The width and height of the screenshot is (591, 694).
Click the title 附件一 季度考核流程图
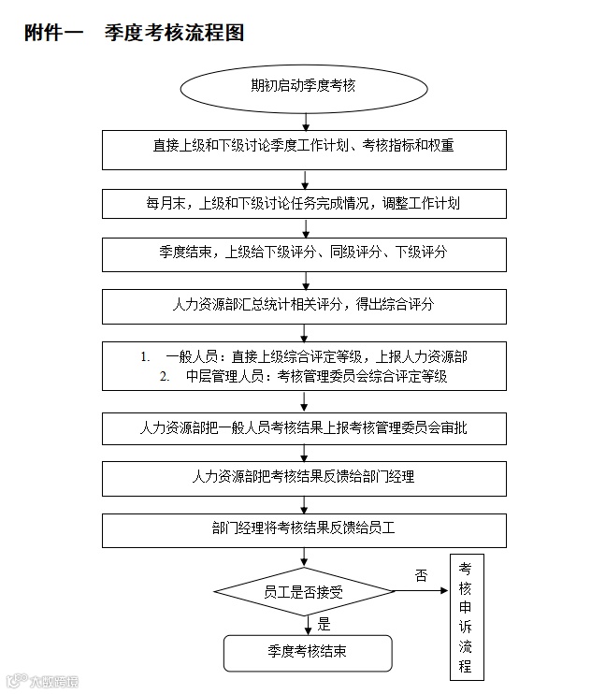tap(135, 33)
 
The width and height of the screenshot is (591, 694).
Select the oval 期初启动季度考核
tap(304, 87)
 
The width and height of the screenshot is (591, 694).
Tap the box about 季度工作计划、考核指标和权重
tap(304, 148)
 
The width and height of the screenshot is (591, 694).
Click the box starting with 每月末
tap(304, 202)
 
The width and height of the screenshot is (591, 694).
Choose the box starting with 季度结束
tap(304, 253)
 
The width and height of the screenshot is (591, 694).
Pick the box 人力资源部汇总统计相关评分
tap(304, 305)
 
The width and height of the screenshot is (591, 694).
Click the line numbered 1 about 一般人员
tap(304, 356)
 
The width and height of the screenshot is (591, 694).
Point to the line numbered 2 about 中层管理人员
tap(304, 377)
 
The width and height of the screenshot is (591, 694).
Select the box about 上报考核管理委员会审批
tap(304, 427)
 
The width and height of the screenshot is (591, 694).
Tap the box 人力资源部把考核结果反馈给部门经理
tap(304, 477)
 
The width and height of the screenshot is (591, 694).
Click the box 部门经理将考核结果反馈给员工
tap(304, 528)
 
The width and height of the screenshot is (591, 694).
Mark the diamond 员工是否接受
tap(304, 592)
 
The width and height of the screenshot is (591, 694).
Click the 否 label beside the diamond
tap(421, 576)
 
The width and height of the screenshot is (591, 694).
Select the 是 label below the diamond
tap(324, 624)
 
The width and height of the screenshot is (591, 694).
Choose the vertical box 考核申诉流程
tap(466, 618)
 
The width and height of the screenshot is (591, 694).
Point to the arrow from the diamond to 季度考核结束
tap(305, 624)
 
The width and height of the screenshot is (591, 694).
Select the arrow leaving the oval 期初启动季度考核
tap(305, 121)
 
